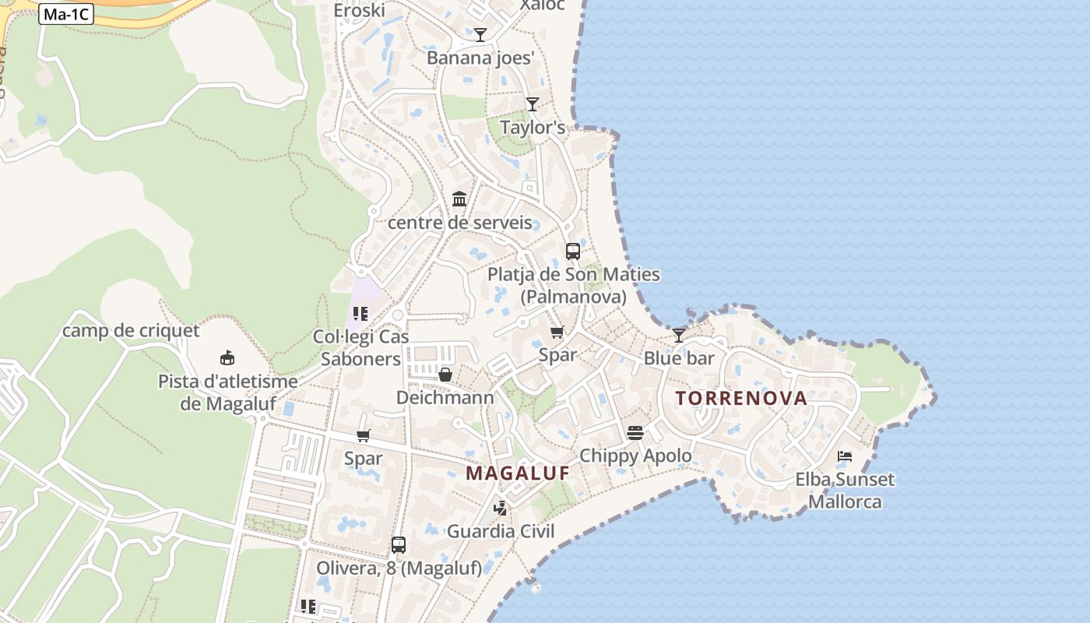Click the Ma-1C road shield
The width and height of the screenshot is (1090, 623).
tap(66, 14)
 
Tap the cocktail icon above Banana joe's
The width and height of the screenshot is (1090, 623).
tap(480, 35)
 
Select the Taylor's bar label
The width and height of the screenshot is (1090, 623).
tap(533, 127)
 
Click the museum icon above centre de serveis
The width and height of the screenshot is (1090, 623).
tap(459, 199)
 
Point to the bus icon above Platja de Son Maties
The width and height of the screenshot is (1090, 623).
tap(573, 251)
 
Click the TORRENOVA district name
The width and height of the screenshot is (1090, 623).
tap(741, 398)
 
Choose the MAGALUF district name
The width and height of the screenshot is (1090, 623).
tap(518, 473)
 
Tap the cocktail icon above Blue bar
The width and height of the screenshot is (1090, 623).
tap(679, 335)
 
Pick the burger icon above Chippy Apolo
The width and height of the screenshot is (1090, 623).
tap(635, 432)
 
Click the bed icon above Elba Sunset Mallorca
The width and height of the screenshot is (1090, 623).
tap(845, 456)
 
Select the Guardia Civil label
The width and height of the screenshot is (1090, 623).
tap(501, 532)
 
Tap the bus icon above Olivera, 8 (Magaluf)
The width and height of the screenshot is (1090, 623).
tap(399, 545)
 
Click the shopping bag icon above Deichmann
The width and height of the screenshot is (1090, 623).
tap(445, 375)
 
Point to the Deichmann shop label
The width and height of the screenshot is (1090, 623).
tap(445, 398)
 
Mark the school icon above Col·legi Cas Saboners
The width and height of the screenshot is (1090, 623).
tap(360, 314)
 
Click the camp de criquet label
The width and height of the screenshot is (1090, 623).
tap(131, 331)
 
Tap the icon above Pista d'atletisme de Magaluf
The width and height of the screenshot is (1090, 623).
tap(227, 358)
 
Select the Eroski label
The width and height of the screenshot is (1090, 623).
tap(359, 10)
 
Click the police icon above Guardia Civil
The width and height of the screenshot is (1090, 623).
tap(501, 509)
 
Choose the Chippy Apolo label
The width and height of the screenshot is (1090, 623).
tap(635, 456)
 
